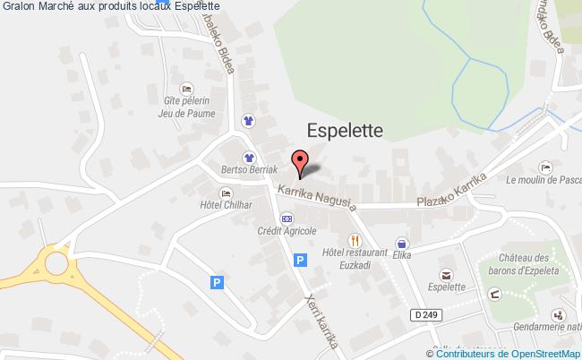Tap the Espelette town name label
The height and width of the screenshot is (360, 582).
pos(345,131)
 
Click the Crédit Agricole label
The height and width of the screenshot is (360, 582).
pos(287,231)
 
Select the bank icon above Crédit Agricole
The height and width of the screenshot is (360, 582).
pos(287,218)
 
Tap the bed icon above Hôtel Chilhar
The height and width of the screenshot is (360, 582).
pos(226,193)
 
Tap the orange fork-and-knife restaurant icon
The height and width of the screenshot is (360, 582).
pos(355,240)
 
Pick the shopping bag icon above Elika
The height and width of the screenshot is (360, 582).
pos(402,242)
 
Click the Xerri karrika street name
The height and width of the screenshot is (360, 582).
pos(321,321)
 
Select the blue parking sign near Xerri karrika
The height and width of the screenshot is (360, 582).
pos(301,260)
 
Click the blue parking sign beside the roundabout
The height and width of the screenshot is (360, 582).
pos(216,282)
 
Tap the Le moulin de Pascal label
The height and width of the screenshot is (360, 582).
pos(543,179)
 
